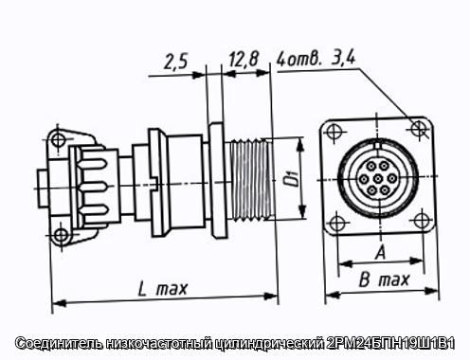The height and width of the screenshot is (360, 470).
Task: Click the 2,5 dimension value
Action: tap(176, 62)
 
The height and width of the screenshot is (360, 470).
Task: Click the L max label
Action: tap(163, 289)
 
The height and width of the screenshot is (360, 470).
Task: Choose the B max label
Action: tap(384, 279)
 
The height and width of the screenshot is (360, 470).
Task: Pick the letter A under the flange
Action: tap(381, 253)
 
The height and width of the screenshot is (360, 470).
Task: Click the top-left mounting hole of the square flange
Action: tap(334, 132)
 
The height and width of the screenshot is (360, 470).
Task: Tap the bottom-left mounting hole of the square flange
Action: tap(336, 224)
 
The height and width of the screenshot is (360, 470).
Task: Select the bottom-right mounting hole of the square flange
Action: tap(422, 221)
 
